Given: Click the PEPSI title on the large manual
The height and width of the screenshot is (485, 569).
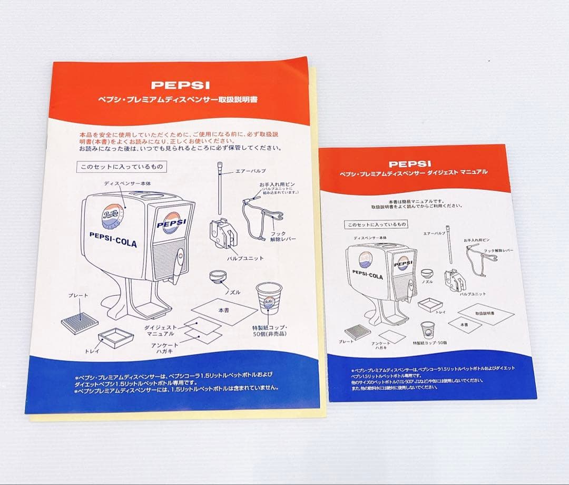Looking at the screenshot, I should pyautogui.click(x=180, y=84).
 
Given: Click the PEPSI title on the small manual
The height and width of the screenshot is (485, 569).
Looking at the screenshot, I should pyautogui.click(x=410, y=164).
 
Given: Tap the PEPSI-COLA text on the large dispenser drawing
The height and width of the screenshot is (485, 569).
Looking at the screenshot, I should pyautogui.click(x=113, y=239).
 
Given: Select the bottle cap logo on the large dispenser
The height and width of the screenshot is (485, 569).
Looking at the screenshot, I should pyautogui.click(x=112, y=217).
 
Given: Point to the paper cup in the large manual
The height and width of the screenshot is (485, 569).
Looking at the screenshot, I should pyautogui.click(x=268, y=298).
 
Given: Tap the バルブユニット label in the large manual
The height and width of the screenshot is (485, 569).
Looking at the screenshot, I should pyautogui.click(x=245, y=258).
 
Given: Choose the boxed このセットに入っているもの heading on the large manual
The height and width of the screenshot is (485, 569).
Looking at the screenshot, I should pyautogui.click(x=121, y=167).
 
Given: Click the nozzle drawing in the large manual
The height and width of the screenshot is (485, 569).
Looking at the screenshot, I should pyautogui.click(x=218, y=278).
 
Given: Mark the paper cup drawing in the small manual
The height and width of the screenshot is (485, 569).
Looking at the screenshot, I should pyautogui.click(x=427, y=331).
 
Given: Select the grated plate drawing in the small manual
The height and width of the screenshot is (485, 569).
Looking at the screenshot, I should pyautogui.click(x=358, y=332).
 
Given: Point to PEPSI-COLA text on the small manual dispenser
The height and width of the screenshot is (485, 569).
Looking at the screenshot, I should pyautogui.click(x=368, y=275).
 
